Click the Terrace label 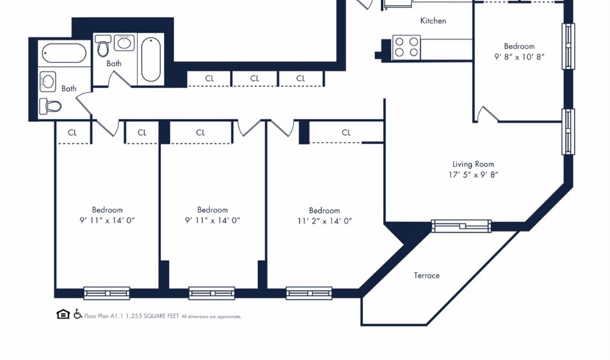pyautogui.click(x=426, y=276)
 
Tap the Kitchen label pyautogui.click(x=433, y=21)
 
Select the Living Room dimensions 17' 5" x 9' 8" pyautogui.click(x=473, y=175)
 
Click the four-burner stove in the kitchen pyautogui.click(x=406, y=48)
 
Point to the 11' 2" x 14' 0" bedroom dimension pyautogui.click(x=324, y=221)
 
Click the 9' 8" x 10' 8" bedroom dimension pyautogui.click(x=519, y=57)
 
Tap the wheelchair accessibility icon pyautogui.click(x=78, y=314)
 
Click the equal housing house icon pyautogui.click(x=63, y=314)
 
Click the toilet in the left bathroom pyautogui.click(x=50, y=106)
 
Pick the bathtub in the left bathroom pyautogui.click(x=64, y=53)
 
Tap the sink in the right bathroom pyautogui.click(x=124, y=43)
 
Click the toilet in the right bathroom pyautogui.click(x=103, y=46)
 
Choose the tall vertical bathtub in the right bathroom pyautogui.click(x=151, y=60)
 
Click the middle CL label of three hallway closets pyautogui.click(x=254, y=79)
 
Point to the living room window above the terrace pyautogui.click(x=461, y=226)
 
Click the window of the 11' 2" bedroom pyautogui.click(x=309, y=293)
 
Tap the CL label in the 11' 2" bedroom pyautogui.click(x=346, y=132)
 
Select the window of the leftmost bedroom pyautogui.click(x=107, y=293)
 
